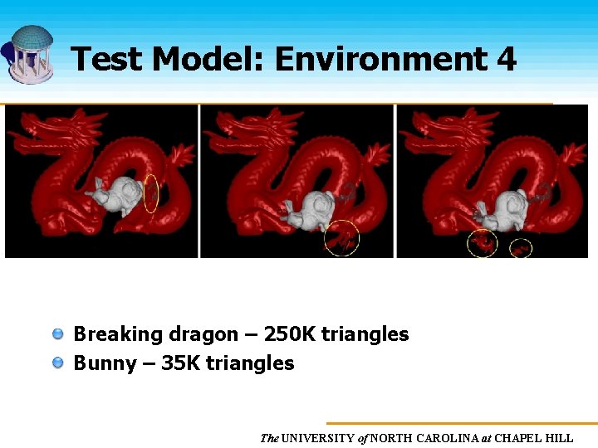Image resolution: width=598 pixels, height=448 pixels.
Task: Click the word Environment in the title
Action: click(x=380, y=60)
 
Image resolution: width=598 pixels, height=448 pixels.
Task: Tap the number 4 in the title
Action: click(x=506, y=60)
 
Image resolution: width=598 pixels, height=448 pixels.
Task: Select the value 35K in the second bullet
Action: click(x=180, y=363)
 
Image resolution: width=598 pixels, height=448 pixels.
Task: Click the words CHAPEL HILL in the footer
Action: click(x=534, y=438)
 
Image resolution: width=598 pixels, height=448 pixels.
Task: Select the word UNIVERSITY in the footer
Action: click(x=318, y=438)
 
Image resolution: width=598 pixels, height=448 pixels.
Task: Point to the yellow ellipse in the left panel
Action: click(x=150, y=193)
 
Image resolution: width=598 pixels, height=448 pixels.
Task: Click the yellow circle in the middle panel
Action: click(x=341, y=238)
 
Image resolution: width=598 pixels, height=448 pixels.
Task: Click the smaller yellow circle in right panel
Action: click(x=521, y=246)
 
